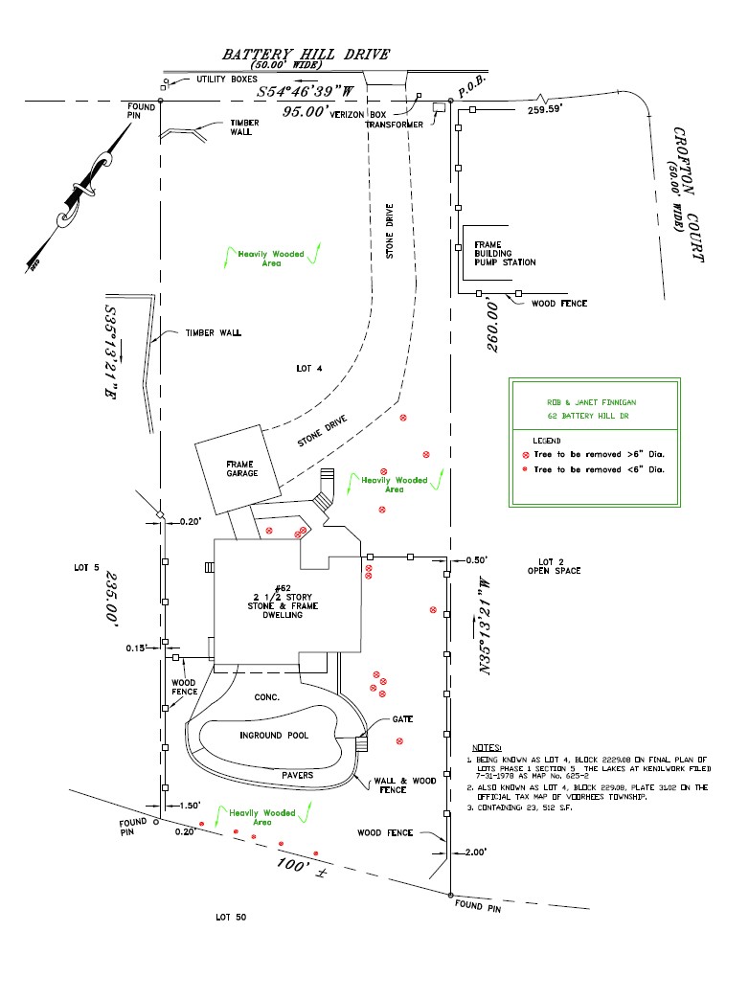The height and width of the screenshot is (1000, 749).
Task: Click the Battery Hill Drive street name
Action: [x=306, y=55]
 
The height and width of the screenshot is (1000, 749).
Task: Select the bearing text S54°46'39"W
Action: [x=306, y=92]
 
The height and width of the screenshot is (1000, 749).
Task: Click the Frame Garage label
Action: [x=240, y=469]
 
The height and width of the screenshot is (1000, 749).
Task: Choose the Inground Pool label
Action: [x=274, y=736]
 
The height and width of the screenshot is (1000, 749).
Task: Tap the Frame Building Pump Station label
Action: [x=505, y=254]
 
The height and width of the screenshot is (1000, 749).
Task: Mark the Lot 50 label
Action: [x=231, y=918]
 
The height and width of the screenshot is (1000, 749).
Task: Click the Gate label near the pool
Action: [x=403, y=719]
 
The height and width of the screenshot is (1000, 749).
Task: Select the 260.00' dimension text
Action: [x=495, y=324]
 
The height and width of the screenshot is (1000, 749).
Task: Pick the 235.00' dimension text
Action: [x=112, y=600]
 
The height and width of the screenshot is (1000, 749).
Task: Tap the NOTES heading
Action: [x=488, y=747]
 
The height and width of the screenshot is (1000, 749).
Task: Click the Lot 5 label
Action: [x=86, y=568]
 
